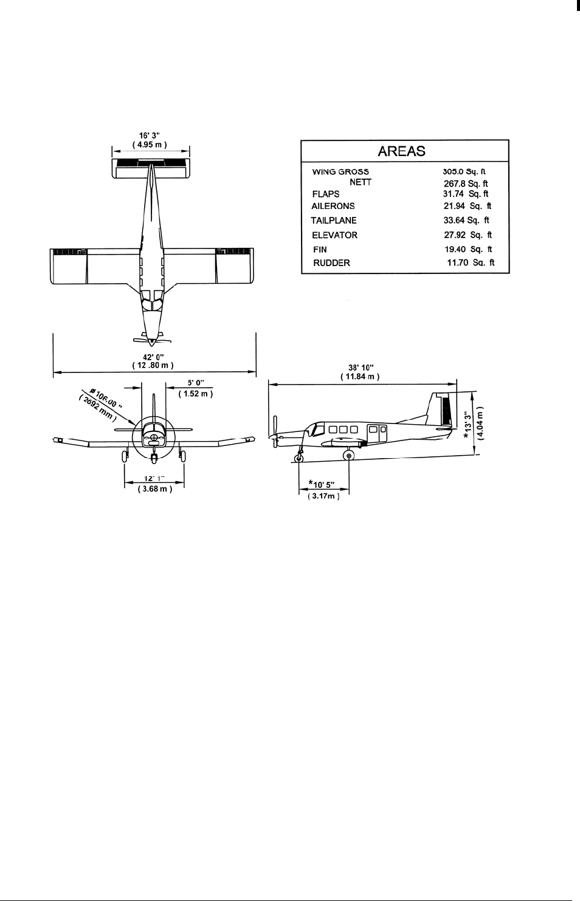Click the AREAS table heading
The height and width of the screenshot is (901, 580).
(x=401, y=151)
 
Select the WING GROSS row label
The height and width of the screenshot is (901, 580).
(x=340, y=172)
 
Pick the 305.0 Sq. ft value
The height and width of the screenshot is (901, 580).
(x=465, y=172)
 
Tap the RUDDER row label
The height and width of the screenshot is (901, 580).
(x=331, y=263)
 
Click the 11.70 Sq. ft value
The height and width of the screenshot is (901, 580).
(x=471, y=263)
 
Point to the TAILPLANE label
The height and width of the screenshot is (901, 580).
(x=334, y=221)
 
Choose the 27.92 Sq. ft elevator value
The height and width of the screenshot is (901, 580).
(x=468, y=235)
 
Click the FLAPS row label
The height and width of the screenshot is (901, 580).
(x=325, y=194)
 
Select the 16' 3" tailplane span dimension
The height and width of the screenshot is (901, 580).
(x=151, y=135)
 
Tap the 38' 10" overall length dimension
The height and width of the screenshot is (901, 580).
(x=360, y=368)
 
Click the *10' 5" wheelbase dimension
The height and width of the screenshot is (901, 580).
(x=324, y=484)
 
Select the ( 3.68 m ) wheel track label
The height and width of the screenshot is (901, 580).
(x=154, y=488)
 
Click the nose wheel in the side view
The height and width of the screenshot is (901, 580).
(x=299, y=458)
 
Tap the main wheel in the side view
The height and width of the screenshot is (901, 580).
(x=348, y=456)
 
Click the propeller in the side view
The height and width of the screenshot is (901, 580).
(x=275, y=433)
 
